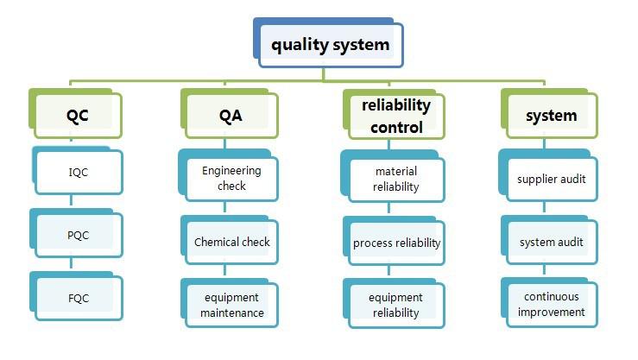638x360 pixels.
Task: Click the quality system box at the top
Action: click(x=328, y=43)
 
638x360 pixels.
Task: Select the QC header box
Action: click(x=76, y=113)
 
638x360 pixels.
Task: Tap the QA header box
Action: click(x=230, y=113)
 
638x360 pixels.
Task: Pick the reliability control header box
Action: click(x=394, y=114)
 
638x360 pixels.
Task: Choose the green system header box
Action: click(x=549, y=113)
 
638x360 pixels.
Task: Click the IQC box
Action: click(x=78, y=171)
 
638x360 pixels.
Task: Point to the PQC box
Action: click(x=77, y=233)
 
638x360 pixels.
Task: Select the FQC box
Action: click(x=77, y=296)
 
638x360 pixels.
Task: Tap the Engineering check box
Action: click(x=229, y=175)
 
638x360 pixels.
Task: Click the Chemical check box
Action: click(x=230, y=240)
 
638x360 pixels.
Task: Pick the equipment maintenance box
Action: click(x=230, y=303)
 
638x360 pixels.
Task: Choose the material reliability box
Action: click(x=393, y=176)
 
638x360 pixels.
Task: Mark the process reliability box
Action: click(x=394, y=241)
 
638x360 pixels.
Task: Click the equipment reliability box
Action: click(x=394, y=304)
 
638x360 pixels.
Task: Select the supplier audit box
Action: click(x=548, y=175)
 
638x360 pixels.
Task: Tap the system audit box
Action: click(x=549, y=240)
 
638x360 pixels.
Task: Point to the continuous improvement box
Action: click(x=549, y=303)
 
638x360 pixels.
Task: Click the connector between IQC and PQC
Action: click(x=71, y=200)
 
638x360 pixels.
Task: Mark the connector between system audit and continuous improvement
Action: click(x=545, y=270)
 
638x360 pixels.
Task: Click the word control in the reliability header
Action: click(x=397, y=128)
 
